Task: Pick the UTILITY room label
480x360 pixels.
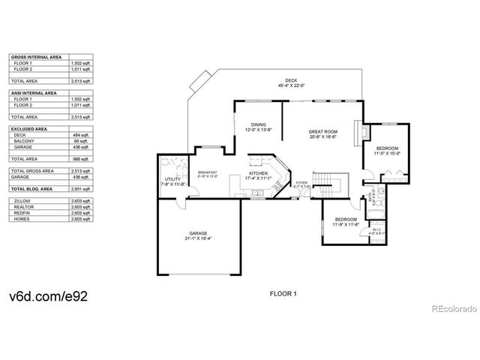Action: (173, 181)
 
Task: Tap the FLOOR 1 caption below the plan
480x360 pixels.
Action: (283, 292)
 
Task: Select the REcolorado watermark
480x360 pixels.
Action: (452, 307)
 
